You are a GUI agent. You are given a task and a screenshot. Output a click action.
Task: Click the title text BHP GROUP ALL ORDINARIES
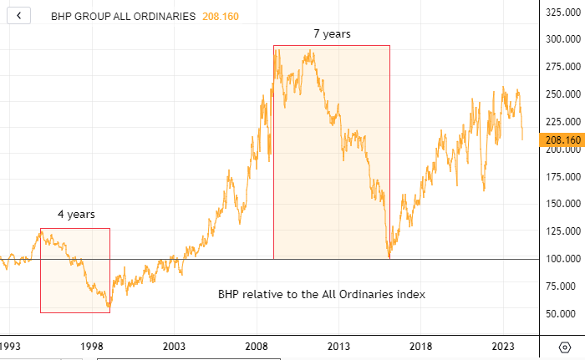(x=123, y=16)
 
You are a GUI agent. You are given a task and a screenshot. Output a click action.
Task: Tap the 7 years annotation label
(x=332, y=34)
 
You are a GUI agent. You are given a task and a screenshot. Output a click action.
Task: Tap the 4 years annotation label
(x=76, y=215)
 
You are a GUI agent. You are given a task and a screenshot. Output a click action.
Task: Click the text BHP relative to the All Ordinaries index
(x=322, y=295)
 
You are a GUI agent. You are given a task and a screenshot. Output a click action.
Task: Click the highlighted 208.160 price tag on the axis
(x=561, y=140)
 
